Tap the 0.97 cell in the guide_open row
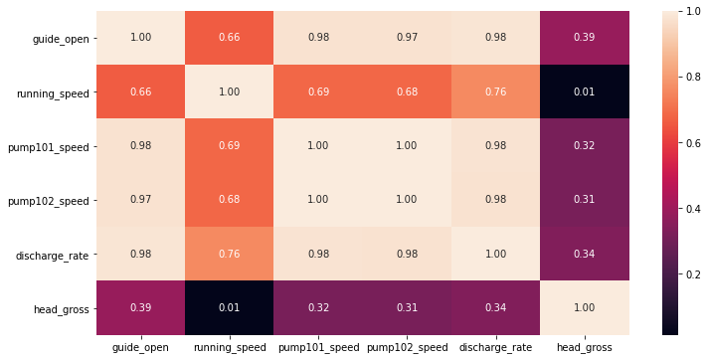coord(406,39)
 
